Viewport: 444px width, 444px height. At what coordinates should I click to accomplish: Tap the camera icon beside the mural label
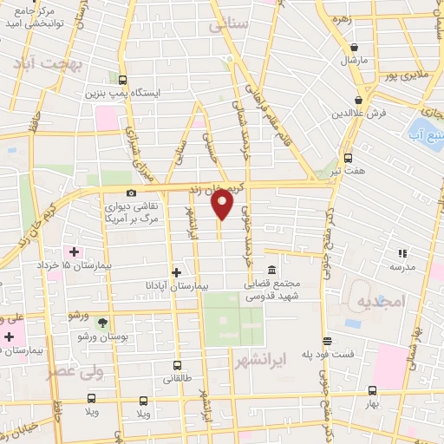point(131,193)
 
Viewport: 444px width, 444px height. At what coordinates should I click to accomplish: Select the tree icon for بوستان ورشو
point(103,322)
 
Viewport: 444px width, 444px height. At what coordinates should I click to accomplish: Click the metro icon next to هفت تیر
point(348,158)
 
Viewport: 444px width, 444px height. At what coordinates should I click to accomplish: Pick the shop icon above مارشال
point(354,47)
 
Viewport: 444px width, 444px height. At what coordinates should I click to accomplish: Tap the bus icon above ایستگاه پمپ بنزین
point(121,79)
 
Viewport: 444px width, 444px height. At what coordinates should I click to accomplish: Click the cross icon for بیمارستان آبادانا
point(177,272)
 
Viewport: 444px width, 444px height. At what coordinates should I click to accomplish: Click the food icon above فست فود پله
point(327,341)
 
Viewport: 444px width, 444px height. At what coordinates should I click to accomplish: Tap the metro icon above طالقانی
point(177,365)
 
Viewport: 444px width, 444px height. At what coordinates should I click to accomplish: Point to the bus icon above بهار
point(371,390)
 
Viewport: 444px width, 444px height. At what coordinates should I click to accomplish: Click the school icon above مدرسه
point(402,253)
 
